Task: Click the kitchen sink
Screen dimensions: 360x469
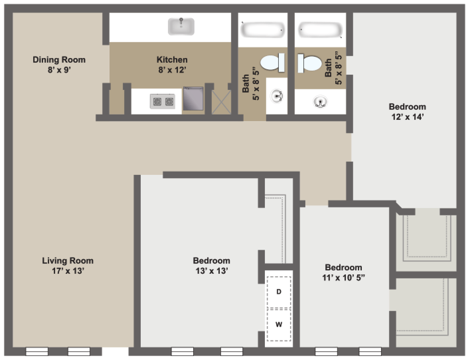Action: pyautogui.click(x=181, y=27)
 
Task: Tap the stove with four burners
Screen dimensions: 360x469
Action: pyautogui.click(x=162, y=101)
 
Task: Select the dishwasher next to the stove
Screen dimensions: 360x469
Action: pyautogui.click(x=193, y=99)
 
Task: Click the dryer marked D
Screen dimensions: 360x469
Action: pyautogui.click(x=279, y=291)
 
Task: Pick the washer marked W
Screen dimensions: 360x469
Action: pyautogui.click(x=279, y=324)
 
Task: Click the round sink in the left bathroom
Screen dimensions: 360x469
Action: pyautogui.click(x=277, y=96)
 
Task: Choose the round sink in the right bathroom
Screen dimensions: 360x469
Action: pyautogui.click(x=320, y=102)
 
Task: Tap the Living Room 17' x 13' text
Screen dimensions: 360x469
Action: pyautogui.click(x=68, y=265)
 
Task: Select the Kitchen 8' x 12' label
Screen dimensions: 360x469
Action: pyautogui.click(x=172, y=64)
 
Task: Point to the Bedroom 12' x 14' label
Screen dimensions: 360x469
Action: pyautogui.click(x=407, y=111)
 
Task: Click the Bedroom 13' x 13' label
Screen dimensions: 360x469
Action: pyautogui.click(x=211, y=265)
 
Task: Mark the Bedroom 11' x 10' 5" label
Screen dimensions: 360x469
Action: pyautogui.click(x=344, y=272)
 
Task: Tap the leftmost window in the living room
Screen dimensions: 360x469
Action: pyautogui.click(x=37, y=351)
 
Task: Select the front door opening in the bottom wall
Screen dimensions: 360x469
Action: pyautogui.click(x=115, y=351)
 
